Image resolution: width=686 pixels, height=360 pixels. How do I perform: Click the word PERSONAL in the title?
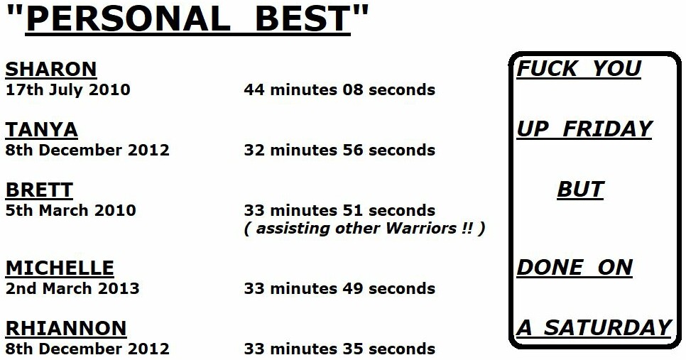click(128, 18)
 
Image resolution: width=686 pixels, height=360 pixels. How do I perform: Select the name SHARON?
click(51, 69)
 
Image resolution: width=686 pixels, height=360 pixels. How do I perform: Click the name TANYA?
click(42, 129)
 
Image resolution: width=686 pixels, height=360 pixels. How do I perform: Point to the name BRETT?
click(39, 190)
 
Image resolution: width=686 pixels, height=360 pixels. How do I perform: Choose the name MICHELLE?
click(60, 268)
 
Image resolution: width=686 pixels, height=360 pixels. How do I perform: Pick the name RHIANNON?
click(66, 328)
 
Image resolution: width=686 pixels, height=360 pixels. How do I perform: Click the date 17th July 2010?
click(67, 89)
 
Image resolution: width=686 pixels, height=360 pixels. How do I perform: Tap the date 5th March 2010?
click(70, 210)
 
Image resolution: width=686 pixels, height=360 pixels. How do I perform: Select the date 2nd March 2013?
click(72, 289)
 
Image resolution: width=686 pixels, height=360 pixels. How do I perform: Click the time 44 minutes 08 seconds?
click(339, 89)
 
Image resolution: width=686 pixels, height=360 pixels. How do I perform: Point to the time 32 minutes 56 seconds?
click(339, 150)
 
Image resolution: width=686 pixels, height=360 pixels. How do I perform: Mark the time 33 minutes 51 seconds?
click(339, 210)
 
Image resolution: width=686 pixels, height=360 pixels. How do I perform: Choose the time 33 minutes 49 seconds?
click(339, 289)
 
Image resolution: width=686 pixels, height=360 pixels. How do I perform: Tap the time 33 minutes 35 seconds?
click(339, 349)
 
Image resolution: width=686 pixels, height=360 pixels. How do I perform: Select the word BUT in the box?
click(581, 190)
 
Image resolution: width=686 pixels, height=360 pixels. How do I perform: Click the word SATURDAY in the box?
click(608, 328)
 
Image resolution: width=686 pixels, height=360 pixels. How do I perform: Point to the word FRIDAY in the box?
click(608, 129)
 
